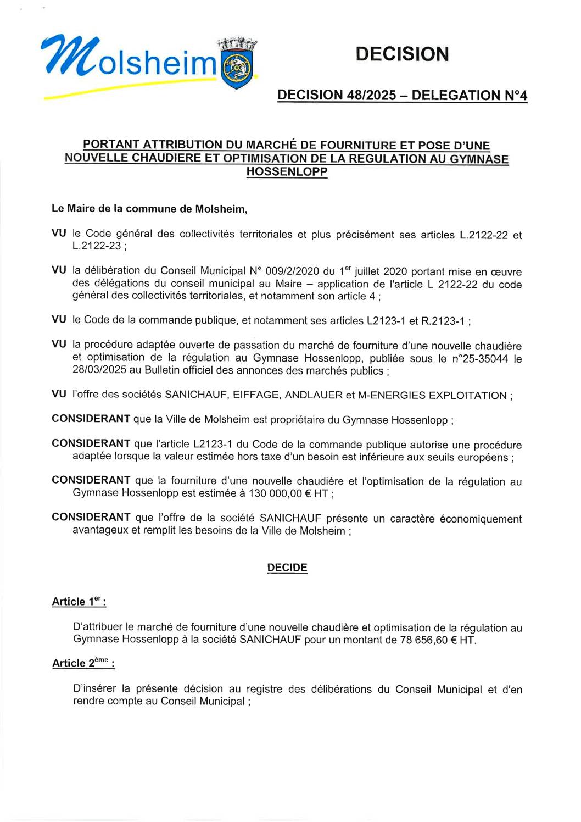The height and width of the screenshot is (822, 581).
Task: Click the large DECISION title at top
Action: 402,54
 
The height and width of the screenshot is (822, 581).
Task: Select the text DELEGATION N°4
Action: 470,96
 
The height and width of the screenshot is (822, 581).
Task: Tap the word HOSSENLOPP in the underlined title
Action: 287,172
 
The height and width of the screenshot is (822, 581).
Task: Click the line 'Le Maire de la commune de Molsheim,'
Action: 149,209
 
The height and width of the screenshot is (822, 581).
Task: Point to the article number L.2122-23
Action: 97,246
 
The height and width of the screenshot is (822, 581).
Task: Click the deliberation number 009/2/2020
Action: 292,271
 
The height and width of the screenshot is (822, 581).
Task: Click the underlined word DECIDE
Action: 287,568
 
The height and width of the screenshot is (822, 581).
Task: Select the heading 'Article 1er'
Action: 78,602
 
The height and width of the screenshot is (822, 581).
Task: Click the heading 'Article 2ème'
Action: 82,663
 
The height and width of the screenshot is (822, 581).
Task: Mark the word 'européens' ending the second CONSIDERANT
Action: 485,457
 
